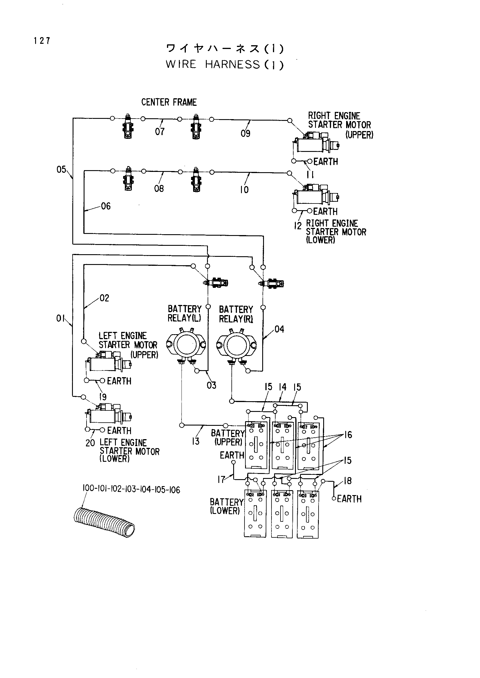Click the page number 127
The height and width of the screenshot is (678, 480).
point(42,41)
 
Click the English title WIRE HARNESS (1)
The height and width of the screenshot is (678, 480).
point(225,64)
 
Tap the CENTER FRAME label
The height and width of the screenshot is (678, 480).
point(169,102)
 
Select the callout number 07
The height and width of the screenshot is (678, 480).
point(160,131)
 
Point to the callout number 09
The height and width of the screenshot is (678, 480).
point(245,133)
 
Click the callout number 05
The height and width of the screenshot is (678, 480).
point(61,170)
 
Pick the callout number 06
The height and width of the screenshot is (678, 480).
point(106,206)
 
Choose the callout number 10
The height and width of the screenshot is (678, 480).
point(244,190)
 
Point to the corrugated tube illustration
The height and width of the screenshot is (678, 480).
point(104,522)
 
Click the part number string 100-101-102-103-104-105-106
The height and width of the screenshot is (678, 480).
point(131,490)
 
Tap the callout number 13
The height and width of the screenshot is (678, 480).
point(195,441)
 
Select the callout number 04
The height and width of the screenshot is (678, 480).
point(279,329)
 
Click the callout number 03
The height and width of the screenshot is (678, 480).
point(211,385)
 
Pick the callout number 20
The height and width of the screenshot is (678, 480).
point(90,443)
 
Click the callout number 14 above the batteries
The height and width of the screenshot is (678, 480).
point(283,387)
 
